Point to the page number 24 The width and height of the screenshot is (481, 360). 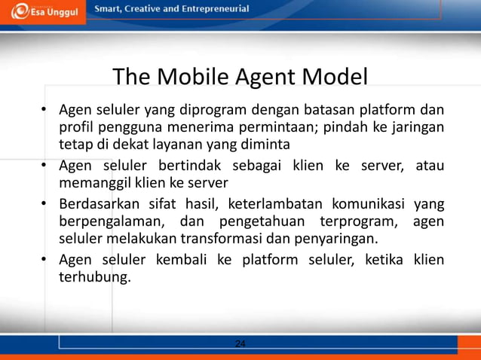[240, 343]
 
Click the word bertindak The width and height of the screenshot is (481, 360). [188, 166]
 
